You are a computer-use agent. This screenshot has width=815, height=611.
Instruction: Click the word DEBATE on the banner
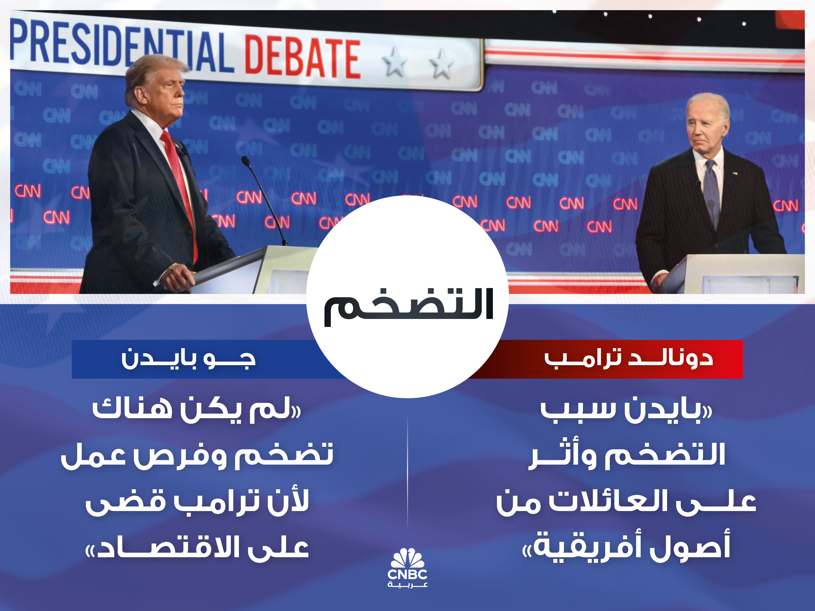pos(302,57)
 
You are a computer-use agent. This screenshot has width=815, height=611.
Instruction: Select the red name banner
pos(604,359)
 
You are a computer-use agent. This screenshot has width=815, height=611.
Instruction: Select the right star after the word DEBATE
pos(441,64)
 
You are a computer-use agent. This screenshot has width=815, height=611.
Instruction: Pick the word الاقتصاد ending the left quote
pos(164,547)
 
